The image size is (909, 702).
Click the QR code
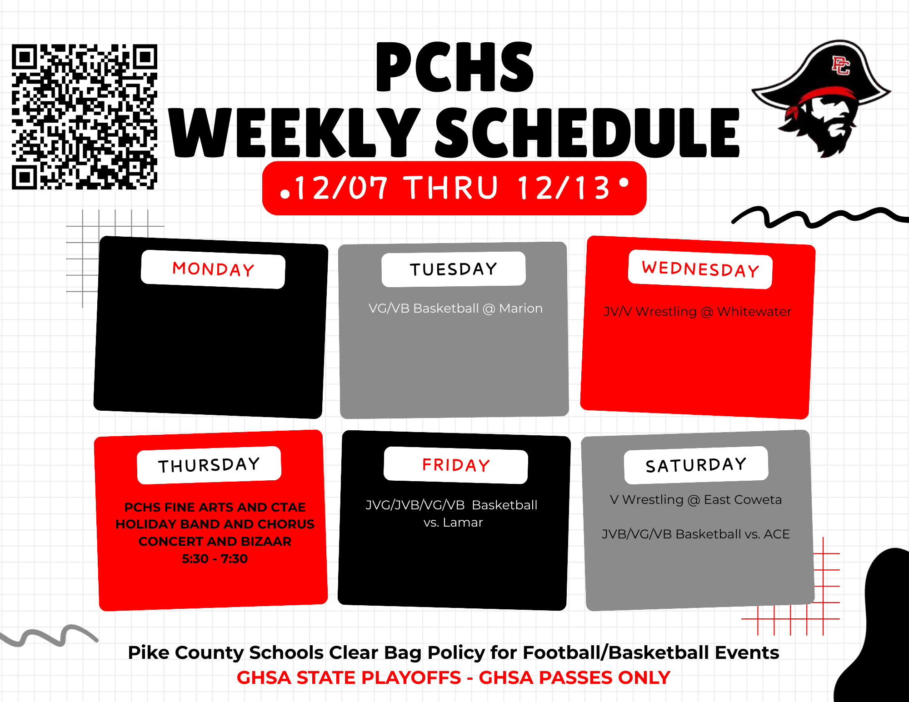85,117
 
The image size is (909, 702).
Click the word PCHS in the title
454,67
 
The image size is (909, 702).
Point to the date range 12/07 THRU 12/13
453,188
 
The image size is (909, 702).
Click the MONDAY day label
213,269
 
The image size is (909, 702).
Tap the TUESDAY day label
454,269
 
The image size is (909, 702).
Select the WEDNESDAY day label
700,269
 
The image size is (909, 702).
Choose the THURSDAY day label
209,465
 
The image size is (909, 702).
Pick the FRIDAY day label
456,465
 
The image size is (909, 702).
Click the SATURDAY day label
696,465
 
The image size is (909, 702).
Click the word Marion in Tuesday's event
521,309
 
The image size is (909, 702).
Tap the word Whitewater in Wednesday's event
754,312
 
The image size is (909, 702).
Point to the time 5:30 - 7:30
215,558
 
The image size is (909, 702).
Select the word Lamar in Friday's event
463,523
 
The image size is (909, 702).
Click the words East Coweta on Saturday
743,500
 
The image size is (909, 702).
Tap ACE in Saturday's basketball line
777,534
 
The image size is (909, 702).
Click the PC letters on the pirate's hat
840,65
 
